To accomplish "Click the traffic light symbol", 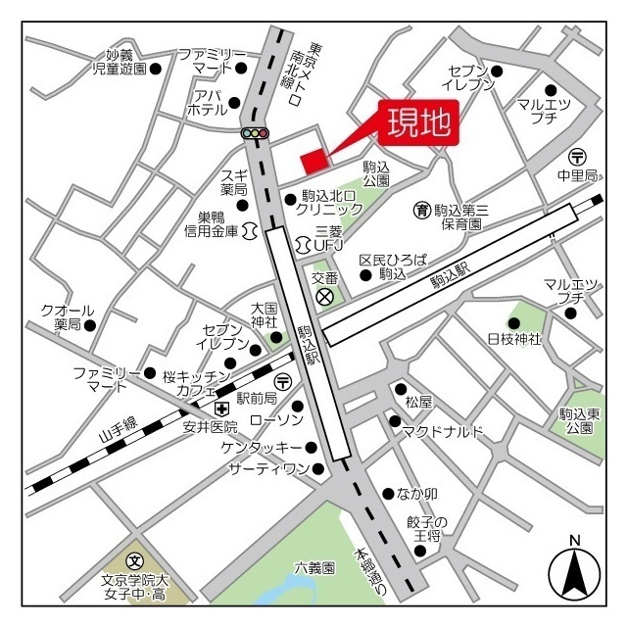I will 255,132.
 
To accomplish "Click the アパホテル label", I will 207,103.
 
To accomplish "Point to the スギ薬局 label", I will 233,181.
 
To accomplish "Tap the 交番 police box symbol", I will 325,295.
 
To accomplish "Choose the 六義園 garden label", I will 314,567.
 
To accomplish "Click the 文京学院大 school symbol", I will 135,559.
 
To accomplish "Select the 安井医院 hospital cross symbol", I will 222,408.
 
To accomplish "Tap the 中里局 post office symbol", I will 577,157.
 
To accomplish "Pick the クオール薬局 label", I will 68,316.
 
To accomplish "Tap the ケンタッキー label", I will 262,448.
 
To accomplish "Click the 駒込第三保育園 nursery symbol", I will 421,210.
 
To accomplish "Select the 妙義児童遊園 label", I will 120,62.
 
